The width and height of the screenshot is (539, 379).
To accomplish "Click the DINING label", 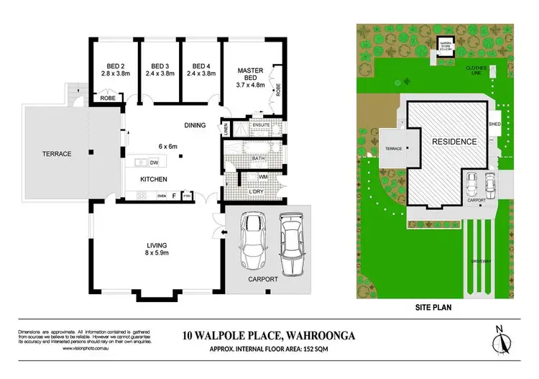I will click(x=195, y=124).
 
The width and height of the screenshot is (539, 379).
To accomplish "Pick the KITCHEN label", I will click(x=154, y=179).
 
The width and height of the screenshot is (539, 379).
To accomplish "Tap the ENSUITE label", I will click(x=259, y=125).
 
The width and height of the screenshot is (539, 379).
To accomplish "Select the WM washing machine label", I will click(x=263, y=175).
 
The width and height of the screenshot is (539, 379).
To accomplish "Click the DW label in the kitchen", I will click(x=154, y=163).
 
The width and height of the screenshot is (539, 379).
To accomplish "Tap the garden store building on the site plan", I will click(x=447, y=45).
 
